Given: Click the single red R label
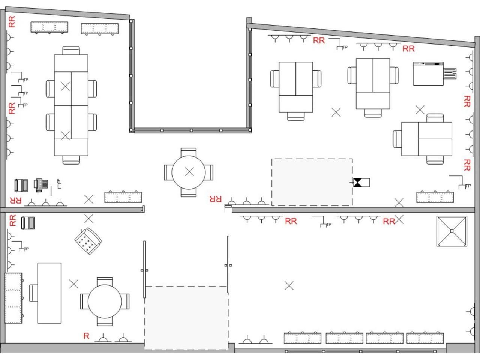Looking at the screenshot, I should [86, 336].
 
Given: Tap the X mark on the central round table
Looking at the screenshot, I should [189, 172].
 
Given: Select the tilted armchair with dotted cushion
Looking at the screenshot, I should [88, 241].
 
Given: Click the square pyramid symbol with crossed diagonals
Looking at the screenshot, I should [451, 231].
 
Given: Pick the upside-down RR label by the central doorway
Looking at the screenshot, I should [216, 199].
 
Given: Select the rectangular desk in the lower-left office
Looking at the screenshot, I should [49, 293].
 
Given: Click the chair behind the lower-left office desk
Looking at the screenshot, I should [33, 293].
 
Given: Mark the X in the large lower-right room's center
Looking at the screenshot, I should [289, 286].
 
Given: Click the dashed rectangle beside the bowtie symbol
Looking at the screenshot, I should [312, 182].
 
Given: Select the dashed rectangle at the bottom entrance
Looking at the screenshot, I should [186, 318].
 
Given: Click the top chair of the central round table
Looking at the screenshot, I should [189, 152].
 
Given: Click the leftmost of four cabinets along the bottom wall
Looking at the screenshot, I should [303, 338].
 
